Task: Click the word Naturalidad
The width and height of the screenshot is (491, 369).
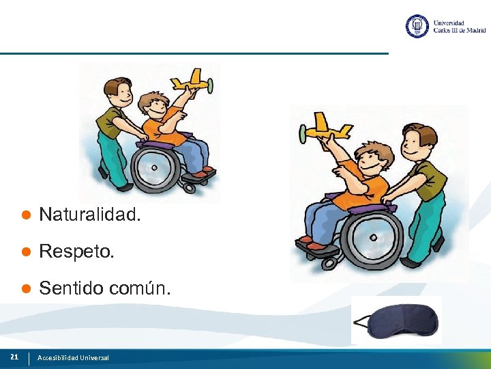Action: coord(90,215)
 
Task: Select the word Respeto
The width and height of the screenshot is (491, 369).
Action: coord(77,252)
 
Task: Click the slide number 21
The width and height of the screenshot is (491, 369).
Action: coord(14,357)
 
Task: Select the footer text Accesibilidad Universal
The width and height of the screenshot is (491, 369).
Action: coord(73,357)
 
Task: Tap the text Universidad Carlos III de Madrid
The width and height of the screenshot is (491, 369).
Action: coord(459,27)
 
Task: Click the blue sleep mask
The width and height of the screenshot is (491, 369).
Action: coord(397,320)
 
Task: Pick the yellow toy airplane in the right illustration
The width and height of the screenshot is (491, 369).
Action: coord(326,128)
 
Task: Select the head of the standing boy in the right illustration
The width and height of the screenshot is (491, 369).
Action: coord(417,142)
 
